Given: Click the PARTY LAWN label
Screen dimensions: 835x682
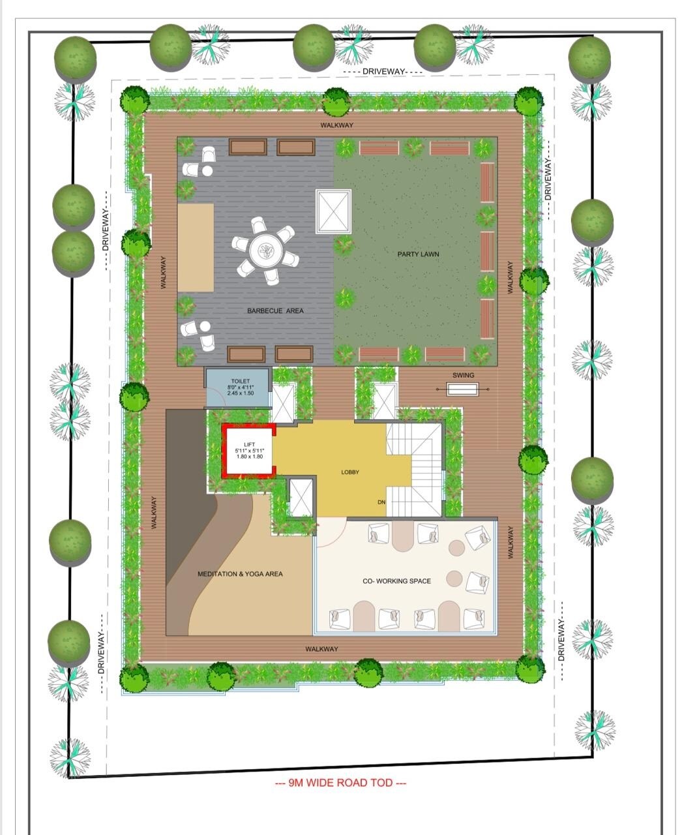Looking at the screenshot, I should (x=418, y=254).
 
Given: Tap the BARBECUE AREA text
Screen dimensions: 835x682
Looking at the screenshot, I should (x=275, y=311).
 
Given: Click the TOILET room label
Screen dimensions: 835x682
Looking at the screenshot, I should (x=240, y=381).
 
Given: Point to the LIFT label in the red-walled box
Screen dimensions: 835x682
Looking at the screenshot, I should (x=249, y=444).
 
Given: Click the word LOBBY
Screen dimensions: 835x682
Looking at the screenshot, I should (x=350, y=472).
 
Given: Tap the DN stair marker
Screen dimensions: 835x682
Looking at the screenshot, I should (x=381, y=502).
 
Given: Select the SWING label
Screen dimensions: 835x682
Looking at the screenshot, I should (x=463, y=375).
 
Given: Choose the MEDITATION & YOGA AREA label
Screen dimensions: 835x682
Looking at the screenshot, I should (x=240, y=574).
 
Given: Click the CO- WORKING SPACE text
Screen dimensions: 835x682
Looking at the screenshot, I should (x=396, y=581).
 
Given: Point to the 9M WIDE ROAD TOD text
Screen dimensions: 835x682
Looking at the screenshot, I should (x=341, y=783).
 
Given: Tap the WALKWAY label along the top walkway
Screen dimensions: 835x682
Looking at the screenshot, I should (x=336, y=125).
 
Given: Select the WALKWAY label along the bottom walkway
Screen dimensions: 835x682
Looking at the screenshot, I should (x=321, y=649).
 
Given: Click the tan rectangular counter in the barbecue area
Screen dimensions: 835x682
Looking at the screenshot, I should (x=196, y=247).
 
